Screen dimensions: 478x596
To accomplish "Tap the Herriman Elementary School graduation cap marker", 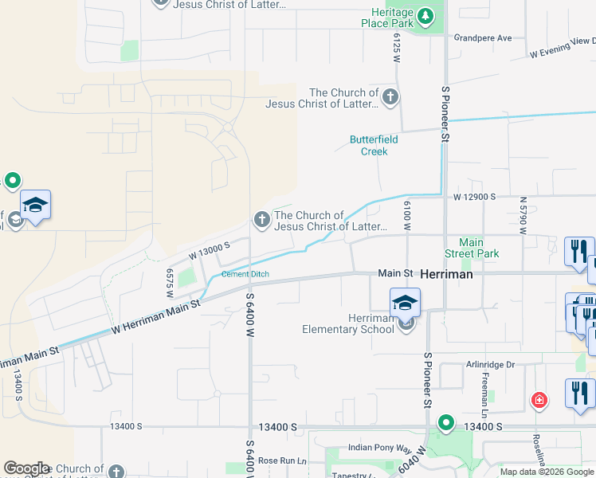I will tap(405, 302).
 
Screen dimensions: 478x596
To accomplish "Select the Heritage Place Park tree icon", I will tap(426, 15).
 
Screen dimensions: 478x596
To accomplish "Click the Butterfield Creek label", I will tap(368, 145).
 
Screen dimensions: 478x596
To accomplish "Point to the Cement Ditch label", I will tap(245, 274).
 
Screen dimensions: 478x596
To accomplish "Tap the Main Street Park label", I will tap(479, 248).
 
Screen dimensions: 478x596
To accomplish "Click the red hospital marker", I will tap(539, 399).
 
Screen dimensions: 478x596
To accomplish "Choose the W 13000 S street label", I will tap(209, 250).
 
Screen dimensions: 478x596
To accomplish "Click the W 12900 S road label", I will tap(475, 196).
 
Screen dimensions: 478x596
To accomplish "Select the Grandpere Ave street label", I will tap(483, 37).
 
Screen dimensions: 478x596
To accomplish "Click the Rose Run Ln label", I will tap(282, 460).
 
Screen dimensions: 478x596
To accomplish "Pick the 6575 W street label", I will tap(170, 283).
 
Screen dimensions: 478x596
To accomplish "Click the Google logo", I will tap(26, 468).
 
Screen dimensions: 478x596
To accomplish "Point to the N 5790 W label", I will tap(523, 215).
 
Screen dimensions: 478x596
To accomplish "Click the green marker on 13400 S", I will tap(445, 422).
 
